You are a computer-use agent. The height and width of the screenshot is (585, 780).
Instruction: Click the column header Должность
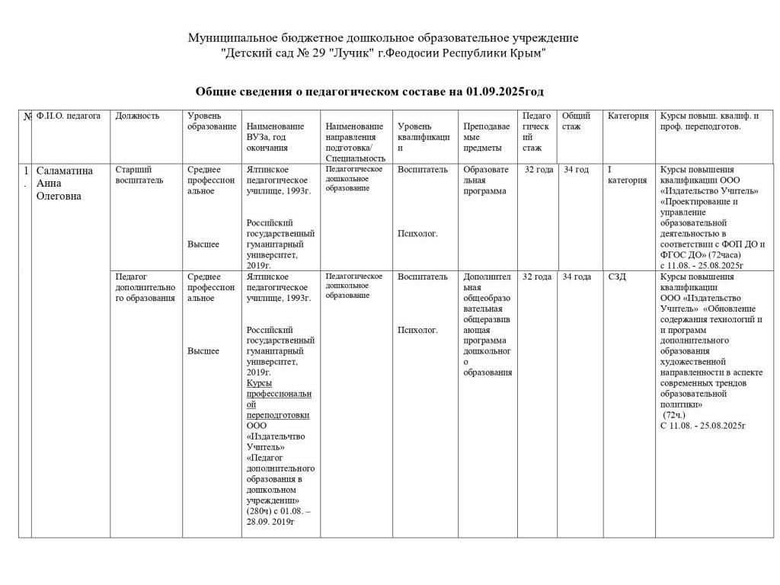137,116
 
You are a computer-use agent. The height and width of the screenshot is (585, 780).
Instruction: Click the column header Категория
628,116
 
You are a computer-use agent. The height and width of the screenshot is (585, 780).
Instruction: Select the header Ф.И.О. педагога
69,116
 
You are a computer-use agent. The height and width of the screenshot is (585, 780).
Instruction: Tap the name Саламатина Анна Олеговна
65,183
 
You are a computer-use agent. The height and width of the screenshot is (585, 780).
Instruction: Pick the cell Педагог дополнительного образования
145,287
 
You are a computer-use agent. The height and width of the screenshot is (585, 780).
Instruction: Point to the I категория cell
627,174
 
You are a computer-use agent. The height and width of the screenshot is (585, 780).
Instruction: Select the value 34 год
576,169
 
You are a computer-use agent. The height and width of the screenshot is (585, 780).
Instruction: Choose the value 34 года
577,277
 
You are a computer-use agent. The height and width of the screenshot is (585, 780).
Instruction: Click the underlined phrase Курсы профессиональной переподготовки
279,399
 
